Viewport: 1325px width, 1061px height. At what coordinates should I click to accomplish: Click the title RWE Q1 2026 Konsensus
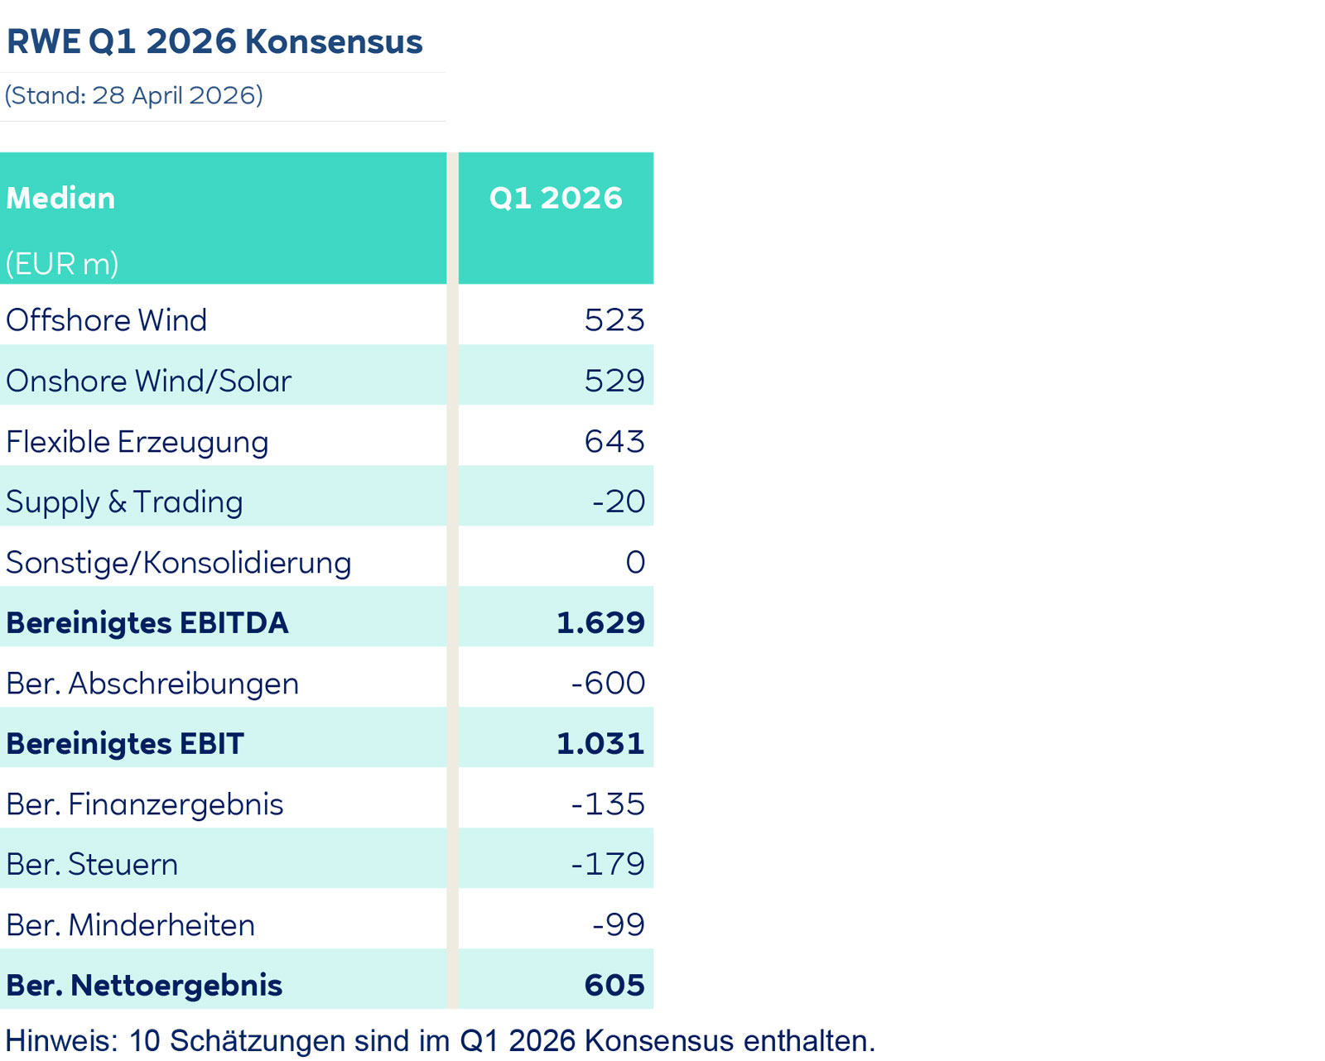(214, 41)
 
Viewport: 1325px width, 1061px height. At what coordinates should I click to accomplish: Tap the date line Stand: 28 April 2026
(134, 95)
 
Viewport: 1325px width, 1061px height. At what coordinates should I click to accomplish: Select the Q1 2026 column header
(555, 199)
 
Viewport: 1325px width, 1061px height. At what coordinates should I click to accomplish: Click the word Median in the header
(60, 199)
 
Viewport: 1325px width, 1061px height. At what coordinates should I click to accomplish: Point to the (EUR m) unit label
(62, 264)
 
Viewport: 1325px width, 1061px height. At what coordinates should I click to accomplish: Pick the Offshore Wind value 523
(614, 320)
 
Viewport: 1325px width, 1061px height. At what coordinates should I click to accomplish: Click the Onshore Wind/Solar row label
(148, 381)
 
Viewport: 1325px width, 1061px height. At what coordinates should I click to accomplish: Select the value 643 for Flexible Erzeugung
(614, 441)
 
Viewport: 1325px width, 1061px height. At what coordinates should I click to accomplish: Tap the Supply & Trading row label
(124, 502)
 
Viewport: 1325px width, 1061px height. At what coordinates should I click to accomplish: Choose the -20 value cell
(618, 502)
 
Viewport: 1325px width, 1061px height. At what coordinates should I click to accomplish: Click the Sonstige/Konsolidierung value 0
(635, 562)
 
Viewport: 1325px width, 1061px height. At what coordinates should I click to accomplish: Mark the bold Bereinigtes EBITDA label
(147, 622)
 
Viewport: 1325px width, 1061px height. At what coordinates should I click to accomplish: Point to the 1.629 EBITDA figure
(600, 622)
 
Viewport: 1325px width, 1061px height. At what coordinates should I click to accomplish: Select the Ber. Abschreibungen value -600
(607, 683)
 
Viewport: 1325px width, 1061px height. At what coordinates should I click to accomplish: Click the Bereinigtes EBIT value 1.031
(600, 743)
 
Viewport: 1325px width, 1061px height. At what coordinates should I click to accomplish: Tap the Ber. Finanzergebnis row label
(144, 804)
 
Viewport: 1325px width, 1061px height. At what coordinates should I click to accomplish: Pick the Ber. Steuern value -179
(607, 864)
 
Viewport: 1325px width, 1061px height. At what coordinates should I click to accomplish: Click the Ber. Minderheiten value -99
(618, 924)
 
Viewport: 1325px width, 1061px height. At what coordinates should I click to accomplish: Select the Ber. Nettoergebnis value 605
(614, 985)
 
